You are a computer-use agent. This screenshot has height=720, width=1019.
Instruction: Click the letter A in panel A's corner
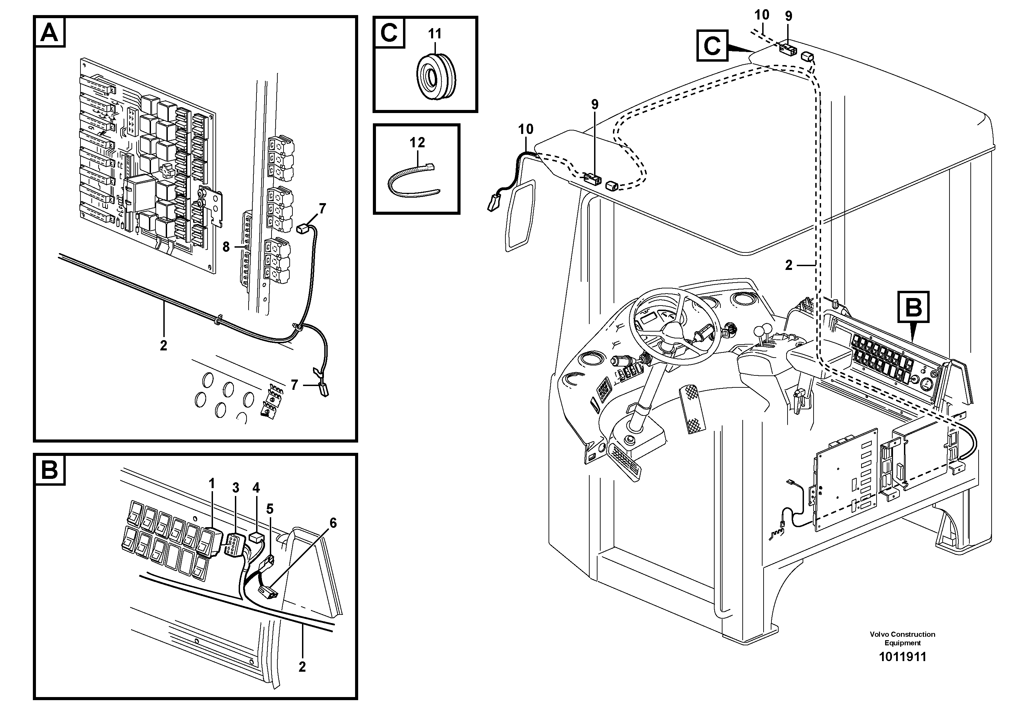click(x=49, y=33)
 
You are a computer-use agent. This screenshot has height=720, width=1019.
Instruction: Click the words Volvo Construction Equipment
click(x=902, y=638)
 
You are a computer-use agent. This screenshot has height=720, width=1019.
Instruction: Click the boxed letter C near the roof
click(x=712, y=45)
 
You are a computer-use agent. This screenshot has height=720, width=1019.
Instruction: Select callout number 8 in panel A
click(x=226, y=247)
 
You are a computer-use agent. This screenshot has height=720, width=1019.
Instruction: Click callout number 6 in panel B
click(x=333, y=523)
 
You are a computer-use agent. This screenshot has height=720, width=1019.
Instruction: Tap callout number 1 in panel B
click(x=212, y=483)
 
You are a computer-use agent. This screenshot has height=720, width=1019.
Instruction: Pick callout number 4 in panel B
click(x=256, y=488)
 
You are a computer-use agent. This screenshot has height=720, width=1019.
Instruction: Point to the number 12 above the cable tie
click(x=417, y=142)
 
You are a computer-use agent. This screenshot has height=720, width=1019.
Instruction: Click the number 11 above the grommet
click(x=435, y=34)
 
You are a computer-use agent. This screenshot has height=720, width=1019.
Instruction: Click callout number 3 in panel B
click(x=235, y=488)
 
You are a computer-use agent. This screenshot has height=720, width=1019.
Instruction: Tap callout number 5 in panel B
click(x=270, y=508)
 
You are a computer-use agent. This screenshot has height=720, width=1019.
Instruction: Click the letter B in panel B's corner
click(x=49, y=470)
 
